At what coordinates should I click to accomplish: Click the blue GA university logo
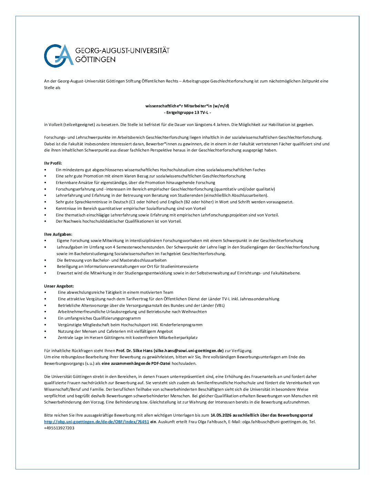59,56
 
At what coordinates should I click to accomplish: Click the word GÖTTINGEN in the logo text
95,60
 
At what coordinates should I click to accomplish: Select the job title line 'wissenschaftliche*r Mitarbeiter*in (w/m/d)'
187,106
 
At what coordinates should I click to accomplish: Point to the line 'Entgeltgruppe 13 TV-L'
187,113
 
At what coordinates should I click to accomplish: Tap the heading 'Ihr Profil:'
53,163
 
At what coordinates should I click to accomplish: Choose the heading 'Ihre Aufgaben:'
58,234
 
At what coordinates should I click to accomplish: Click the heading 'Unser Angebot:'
59,286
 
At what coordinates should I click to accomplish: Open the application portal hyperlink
97,422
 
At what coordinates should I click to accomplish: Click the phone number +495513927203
59,428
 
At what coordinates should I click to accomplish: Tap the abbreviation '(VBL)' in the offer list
220,305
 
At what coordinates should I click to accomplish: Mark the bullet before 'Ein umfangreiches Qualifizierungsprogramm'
45,318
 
